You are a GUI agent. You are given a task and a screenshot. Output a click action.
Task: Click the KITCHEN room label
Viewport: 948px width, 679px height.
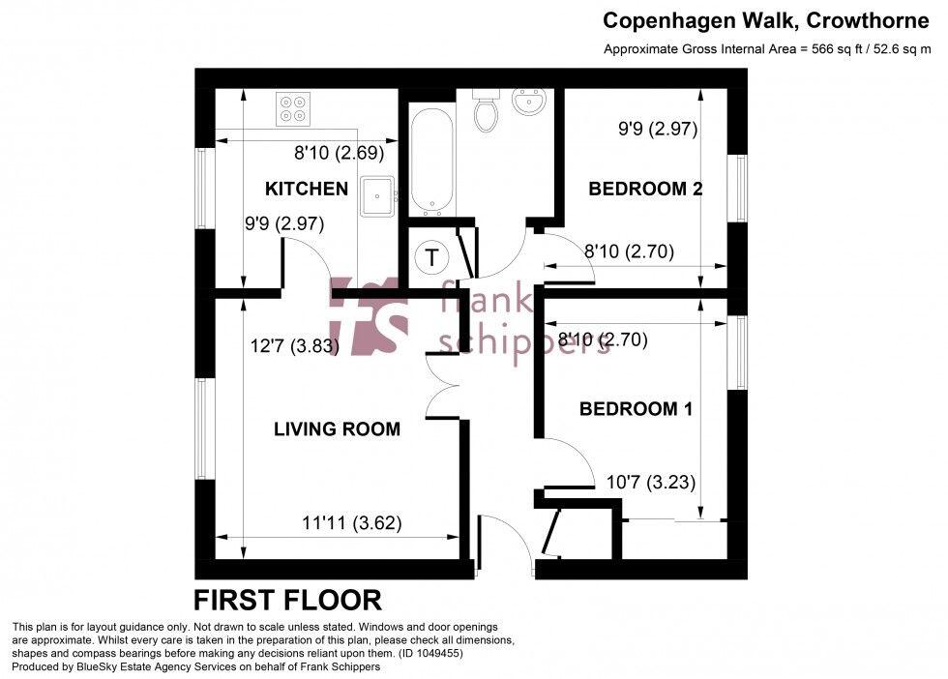[x=307, y=189]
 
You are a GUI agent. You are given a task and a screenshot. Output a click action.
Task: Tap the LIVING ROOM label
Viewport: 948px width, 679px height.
[x=337, y=429]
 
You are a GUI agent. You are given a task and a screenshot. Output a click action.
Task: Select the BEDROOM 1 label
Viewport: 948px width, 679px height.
[x=636, y=409]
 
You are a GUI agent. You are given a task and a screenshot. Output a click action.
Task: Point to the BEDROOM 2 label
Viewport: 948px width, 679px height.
[x=645, y=189]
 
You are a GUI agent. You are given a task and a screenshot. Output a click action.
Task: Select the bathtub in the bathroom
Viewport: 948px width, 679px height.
[x=430, y=162]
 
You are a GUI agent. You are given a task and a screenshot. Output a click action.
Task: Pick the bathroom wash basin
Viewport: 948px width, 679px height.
[x=529, y=101]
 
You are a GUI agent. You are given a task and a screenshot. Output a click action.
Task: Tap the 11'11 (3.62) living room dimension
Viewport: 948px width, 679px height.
[x=351, y=523]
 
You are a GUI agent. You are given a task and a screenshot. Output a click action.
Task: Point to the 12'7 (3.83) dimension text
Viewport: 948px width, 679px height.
[x=294, y=346]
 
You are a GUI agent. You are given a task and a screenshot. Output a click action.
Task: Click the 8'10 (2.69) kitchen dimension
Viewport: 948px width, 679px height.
[x=340, y=152]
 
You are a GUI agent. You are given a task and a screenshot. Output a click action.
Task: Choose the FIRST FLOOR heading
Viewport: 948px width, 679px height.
[x=287, y=601]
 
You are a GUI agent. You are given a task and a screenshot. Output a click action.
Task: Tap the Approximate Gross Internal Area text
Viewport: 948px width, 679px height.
[x=767, y=49]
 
